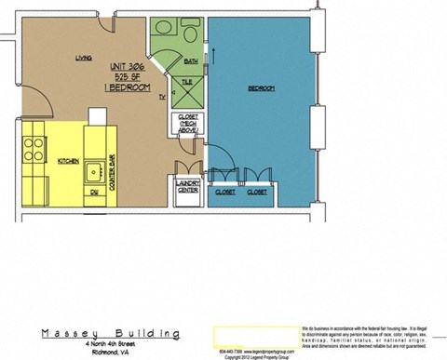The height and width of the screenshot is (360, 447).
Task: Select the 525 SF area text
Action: click(x=128, y=76)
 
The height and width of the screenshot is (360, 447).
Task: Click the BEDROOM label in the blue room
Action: click(x=261, y=88)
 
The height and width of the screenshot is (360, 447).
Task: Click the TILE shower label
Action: click(x=186, y=83)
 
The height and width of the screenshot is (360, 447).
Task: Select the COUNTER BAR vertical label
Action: click(x=111, y=174)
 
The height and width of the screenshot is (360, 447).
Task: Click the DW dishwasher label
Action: click(x=94, y=193)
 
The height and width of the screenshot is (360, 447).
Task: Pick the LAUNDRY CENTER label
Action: click(x=186, y=191)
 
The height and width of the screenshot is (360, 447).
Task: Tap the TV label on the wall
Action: click(x=161, y=97)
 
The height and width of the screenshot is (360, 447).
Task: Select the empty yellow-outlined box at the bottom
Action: click(x=254, y=335)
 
